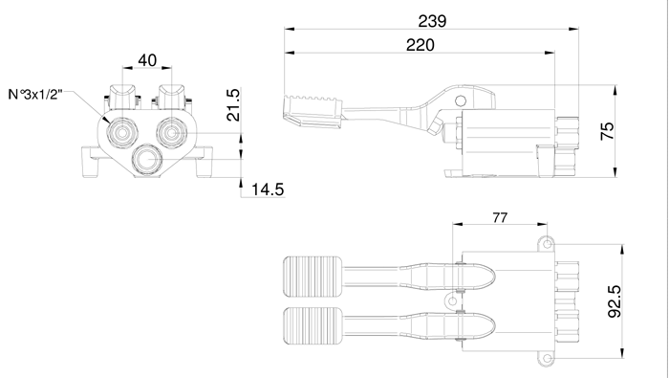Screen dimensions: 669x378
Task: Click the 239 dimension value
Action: coord(432,21)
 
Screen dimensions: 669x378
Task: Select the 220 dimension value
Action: coord(420,45)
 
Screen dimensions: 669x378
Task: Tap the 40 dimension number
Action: coord(147,60)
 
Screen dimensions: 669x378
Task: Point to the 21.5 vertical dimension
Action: coord(233,105)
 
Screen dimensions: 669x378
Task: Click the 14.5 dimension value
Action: coord(268,189)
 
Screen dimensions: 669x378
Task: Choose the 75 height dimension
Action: coord(607,131)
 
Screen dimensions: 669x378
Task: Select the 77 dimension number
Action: coord(500,218)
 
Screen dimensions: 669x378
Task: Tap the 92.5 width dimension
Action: coord(615,301)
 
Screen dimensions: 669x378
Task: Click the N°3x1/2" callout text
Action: coord(35,95)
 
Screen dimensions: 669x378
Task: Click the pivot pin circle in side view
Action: coord(461,101)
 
